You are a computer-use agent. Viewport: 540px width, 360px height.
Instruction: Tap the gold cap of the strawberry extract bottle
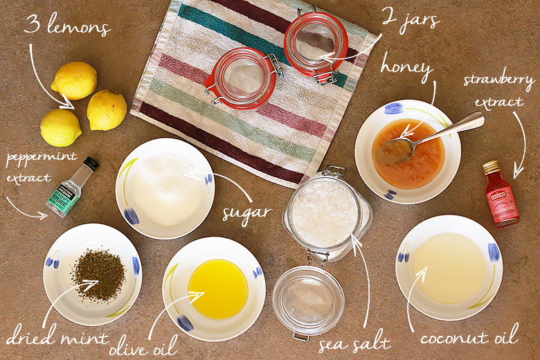(491, 168)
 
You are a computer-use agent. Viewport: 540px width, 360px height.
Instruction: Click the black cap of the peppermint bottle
(91, 163)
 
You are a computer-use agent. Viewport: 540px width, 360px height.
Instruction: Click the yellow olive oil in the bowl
(218, 289)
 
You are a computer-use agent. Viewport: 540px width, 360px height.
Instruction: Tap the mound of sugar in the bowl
(165, 189)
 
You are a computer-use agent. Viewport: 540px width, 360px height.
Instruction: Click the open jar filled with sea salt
(327, 212)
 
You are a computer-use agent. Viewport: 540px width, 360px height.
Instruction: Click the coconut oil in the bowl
(449, 268)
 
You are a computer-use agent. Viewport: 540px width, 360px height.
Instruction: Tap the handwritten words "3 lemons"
(68, 24)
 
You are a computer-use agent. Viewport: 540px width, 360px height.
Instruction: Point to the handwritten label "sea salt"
(354, 342)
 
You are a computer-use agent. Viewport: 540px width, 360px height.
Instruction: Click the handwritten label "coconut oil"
(469, 334)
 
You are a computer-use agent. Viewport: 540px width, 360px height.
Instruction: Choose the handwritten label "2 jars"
(411, 19)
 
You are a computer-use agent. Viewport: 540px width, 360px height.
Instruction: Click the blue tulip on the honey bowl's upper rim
(394, 108)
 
